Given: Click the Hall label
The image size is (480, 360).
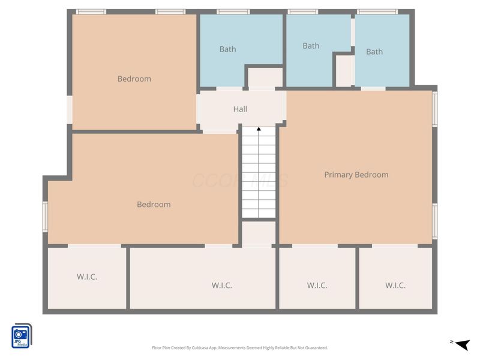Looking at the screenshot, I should (x=240, y=109).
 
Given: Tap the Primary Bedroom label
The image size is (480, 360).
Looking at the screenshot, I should (x=356, y=175).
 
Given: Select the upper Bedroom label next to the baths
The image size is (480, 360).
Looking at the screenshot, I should (x=134, y=79).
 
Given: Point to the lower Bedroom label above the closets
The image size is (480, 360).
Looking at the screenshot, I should (x=154, y=204).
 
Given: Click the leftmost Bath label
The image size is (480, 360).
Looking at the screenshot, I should (x=227, y=49).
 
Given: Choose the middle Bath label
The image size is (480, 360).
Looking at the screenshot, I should (x=311, y=46).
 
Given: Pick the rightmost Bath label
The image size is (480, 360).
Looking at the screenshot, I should (x=374, y=52).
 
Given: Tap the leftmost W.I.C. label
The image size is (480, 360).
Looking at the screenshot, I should (x=87, y=277).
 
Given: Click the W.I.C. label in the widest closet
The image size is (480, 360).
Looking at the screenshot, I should (x=222, y=285).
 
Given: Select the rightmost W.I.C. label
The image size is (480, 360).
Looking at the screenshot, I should (x=395, y=285).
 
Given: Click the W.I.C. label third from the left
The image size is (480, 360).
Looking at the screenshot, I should (x=317, y=285).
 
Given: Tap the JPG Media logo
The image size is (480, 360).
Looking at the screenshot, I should (x=22, y=336).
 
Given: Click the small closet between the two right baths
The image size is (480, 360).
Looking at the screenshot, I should (x=344, y=71).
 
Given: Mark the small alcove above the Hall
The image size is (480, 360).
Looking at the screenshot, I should (x=265, y=78).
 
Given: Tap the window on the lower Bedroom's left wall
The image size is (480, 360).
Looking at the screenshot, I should (x=44, y=216).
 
